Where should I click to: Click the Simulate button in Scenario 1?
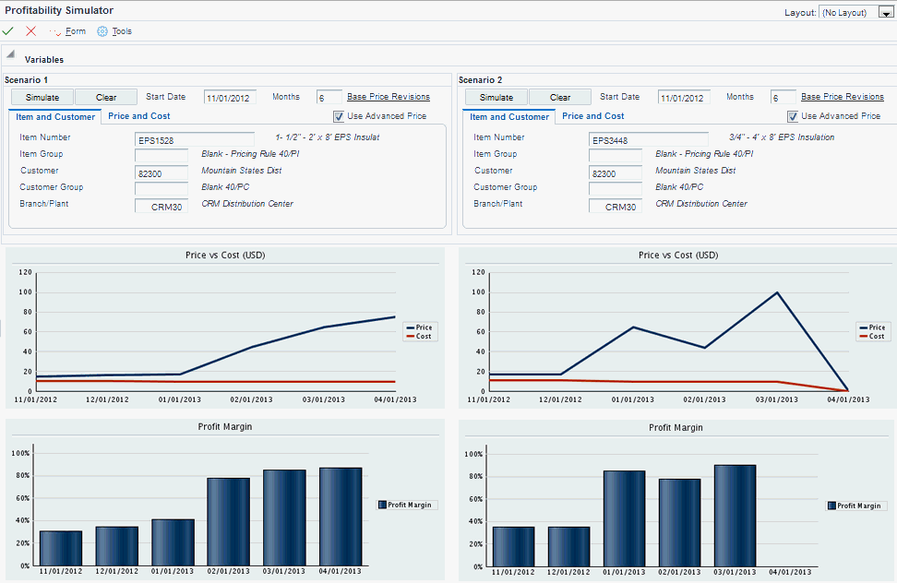[x=42, y=97]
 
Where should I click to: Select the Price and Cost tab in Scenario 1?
[x=138, y=116]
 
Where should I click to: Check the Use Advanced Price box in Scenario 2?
[x=793, y=116]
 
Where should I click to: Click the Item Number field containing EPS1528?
[x=194, y=140]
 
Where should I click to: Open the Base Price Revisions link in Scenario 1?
[x=388, y=97]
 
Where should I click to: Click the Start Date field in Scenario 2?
[x=684, y=98]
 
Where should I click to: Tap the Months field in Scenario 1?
[x=329, y=98]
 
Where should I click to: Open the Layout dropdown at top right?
[x=885, y=13]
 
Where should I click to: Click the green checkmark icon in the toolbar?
[x=8, y=31]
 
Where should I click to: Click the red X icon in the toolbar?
[x=31, y=31]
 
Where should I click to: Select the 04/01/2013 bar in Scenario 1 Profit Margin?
[x=341, y=517]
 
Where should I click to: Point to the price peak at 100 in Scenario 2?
[x=777, y=293]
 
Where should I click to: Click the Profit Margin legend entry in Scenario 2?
[x=856, y=506]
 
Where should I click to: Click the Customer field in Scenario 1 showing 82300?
[x=161, y=173]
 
